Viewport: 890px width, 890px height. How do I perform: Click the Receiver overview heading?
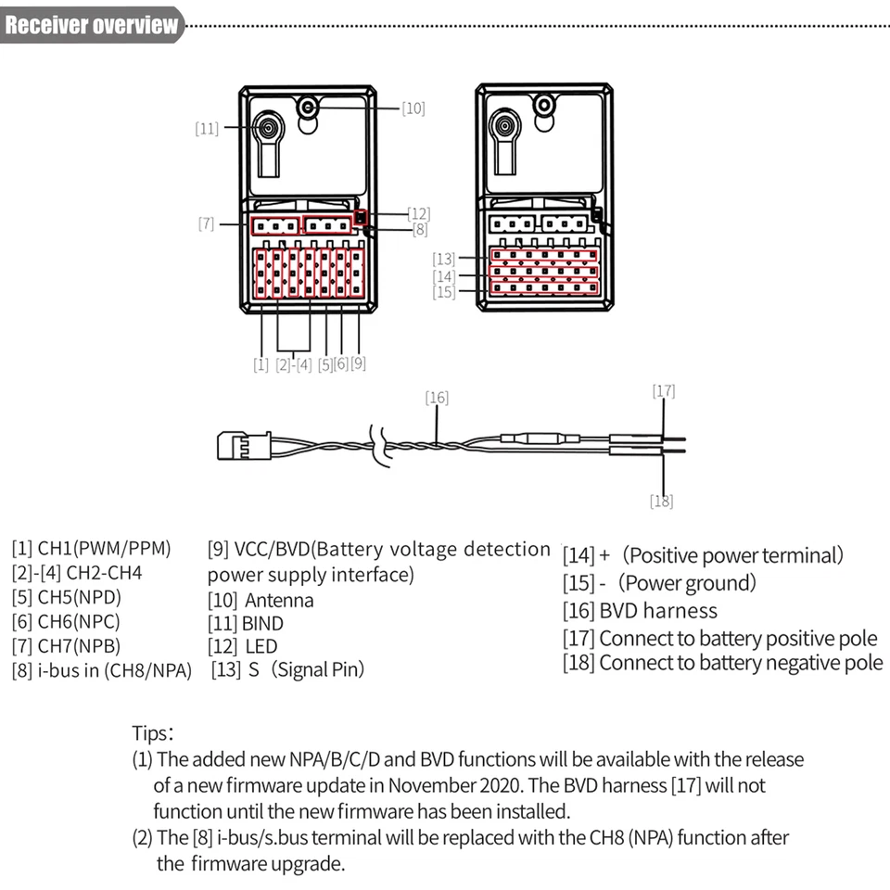(91, 25)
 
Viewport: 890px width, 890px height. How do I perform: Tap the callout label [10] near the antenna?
(413, 108)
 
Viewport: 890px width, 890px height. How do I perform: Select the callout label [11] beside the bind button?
(207, 129)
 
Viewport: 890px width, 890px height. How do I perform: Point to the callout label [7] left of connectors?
(206, 223)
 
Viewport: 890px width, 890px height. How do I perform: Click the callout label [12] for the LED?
(419, 213)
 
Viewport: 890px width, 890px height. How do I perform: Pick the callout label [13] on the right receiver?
(444, 258)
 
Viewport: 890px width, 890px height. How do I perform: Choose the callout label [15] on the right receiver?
(444, 292)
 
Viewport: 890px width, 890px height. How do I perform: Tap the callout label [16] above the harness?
(437, 398)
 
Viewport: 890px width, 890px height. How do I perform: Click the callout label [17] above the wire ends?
(664, 390)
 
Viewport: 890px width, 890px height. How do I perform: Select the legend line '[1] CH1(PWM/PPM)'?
(91, 548)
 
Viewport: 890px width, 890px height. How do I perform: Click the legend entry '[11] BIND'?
(246, 623)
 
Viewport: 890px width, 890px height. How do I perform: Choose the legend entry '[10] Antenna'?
(261, 600)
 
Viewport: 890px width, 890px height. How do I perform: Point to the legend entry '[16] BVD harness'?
(640, 611)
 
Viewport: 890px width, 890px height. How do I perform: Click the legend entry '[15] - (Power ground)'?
(659, 583)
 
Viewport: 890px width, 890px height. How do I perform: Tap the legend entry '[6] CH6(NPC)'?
(66, 621)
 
